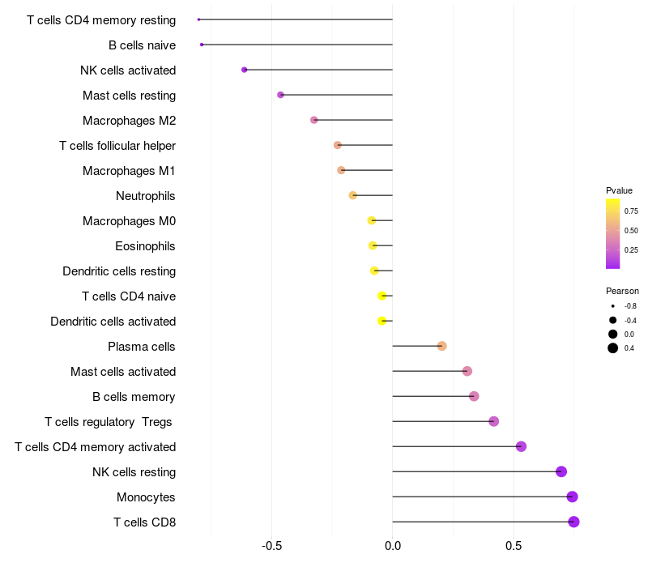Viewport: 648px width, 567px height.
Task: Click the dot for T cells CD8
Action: [573, 522]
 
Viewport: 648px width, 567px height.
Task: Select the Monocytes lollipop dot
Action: [572, 497]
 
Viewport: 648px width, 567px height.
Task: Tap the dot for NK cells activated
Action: [245, 70]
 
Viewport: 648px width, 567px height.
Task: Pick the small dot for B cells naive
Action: [202, 45]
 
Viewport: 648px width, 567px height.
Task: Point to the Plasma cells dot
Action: [441, 346]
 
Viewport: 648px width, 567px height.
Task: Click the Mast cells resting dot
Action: [280, 95]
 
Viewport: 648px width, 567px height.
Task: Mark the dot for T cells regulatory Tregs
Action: [493, 421]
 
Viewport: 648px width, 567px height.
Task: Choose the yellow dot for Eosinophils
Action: [373, 246]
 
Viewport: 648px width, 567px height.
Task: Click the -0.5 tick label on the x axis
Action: [272, 546]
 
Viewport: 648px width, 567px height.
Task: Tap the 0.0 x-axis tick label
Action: [393, 546]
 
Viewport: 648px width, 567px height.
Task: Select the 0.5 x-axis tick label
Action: [514, 546]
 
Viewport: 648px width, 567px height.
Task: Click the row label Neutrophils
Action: [146, 196]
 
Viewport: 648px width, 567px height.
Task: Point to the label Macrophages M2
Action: [130, 121]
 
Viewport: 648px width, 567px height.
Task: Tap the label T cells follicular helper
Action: [117, 146]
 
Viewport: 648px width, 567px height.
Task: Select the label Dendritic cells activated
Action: [113, 322]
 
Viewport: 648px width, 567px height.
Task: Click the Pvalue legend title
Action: [619, 190]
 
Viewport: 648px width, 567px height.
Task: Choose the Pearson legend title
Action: [622, 291]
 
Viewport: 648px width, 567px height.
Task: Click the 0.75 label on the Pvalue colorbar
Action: [631, 211]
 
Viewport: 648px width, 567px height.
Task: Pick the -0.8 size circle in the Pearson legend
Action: [613, 306]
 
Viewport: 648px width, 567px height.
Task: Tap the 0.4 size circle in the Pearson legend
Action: [613, 348]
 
